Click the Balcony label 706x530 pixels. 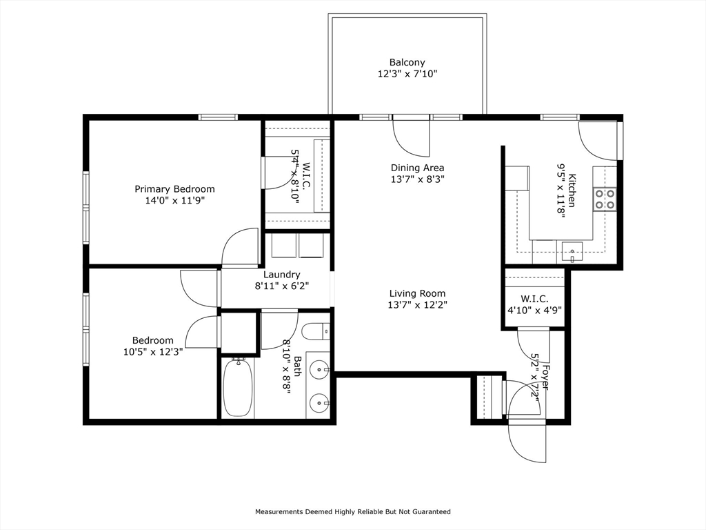pos(407,62)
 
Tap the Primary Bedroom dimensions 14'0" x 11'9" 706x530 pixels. pos(174,201)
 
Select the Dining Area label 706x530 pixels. pos(417,168)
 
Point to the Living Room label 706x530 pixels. pos(417,293)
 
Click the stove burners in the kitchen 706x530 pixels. pos(605,199)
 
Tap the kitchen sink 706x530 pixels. pos(572,252)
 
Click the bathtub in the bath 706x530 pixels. pos(237,388)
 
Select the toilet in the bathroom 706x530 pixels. pos(316,333)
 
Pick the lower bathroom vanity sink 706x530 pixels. pos(320,401)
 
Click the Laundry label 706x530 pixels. pos(282,275)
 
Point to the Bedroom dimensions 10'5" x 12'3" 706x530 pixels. pos(152,351)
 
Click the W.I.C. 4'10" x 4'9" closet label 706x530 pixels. pos(534,304)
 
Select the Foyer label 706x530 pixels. pos(545,377)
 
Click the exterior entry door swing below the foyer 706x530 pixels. pos(527,444)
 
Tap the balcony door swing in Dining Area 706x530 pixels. pos(411,138)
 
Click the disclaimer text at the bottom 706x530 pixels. pos(353,511)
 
